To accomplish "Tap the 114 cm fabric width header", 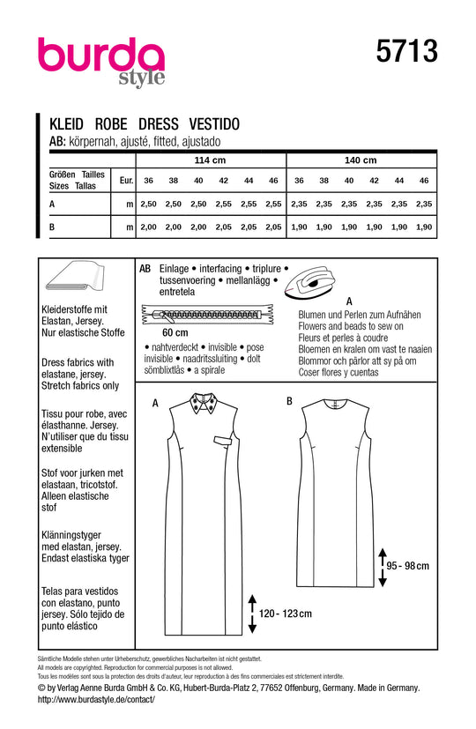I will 209,160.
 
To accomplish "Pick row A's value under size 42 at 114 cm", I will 223,204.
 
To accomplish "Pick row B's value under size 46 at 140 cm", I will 425,227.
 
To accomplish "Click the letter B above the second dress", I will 289,401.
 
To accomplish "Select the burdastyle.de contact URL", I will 97,699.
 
